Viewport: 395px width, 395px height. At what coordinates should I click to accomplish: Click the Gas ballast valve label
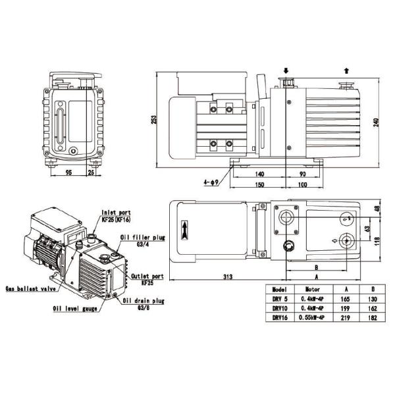click(x=28, y=288)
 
